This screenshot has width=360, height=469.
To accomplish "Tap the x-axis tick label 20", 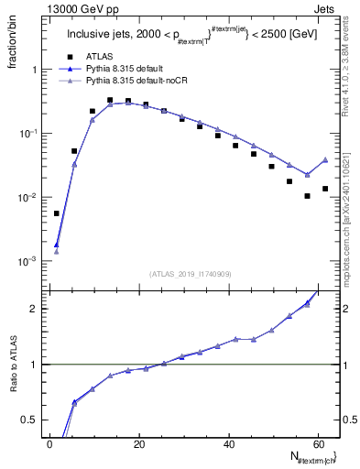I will [x=138, y=443].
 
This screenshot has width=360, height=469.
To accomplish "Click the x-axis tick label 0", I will [x=49, y=443].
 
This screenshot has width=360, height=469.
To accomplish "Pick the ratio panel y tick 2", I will [x=35, y=309].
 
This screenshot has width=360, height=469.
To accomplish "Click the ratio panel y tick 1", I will [x=35, y=365].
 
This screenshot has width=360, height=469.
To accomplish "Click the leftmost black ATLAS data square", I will [x=57, y=213].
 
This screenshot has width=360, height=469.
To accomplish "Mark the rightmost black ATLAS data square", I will [x=325, y=189].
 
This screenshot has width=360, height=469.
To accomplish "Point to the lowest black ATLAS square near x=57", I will [x=308, y=196].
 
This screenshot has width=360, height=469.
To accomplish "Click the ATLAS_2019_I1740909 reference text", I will [x=190, y=273].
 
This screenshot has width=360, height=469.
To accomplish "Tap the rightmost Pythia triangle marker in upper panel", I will [x=325, y=159].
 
